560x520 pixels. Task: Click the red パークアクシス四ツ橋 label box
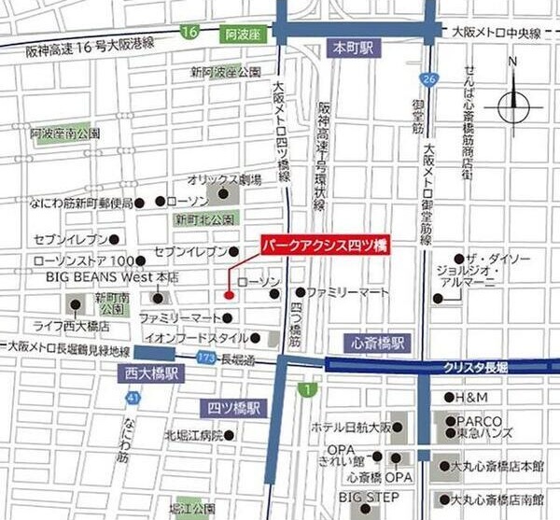[x=324, y=244]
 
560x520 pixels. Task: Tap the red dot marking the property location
[x=229, y=297]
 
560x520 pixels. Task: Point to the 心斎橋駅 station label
[x=374, y=343]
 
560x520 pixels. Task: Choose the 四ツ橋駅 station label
[x=235, y=407]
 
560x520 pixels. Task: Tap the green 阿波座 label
[x=243, y=35]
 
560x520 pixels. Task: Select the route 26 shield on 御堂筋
[x=427, y=79]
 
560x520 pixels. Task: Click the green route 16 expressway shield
[x=190, y=33]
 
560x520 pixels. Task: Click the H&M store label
[x=472, y=399]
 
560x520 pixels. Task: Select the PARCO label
[x=479, y=421]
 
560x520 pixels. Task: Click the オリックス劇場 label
[x=223, y=177]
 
